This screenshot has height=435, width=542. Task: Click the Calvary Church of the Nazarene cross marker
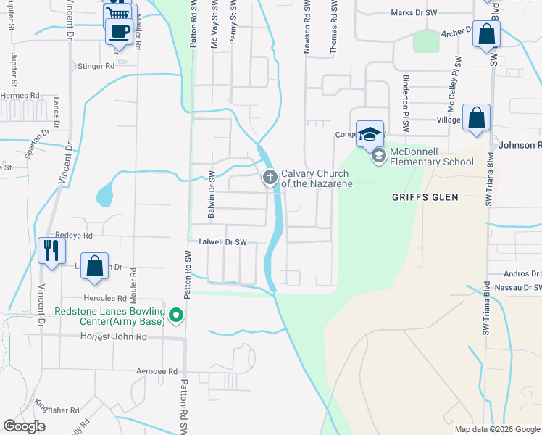270,177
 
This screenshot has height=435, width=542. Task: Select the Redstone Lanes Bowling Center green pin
175,315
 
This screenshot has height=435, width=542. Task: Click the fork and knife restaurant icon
51,251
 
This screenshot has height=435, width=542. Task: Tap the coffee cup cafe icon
118,32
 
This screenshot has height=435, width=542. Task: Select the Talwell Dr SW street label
222,242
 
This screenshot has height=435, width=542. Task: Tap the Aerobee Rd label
157,371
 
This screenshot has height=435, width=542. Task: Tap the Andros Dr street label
523,274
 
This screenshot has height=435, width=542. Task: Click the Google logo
25,426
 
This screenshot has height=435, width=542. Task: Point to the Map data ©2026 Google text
497,429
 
